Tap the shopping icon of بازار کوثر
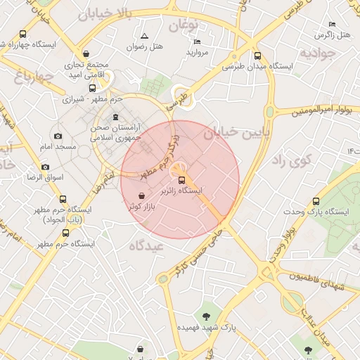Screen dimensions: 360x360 coord(141,195)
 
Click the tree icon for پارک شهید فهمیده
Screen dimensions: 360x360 coord(206,316)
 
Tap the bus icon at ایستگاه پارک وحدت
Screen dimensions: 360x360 coord(316,201)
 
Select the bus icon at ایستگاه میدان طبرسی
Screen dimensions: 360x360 coord(257,56)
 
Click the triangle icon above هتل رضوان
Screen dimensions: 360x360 coord(144,35)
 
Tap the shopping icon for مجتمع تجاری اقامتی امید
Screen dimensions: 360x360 coord(86,54)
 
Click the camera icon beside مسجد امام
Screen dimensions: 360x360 coord(58,136)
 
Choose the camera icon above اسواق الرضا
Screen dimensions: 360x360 coord(46,167)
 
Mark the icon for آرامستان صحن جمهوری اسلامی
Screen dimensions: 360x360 coord(116,117)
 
